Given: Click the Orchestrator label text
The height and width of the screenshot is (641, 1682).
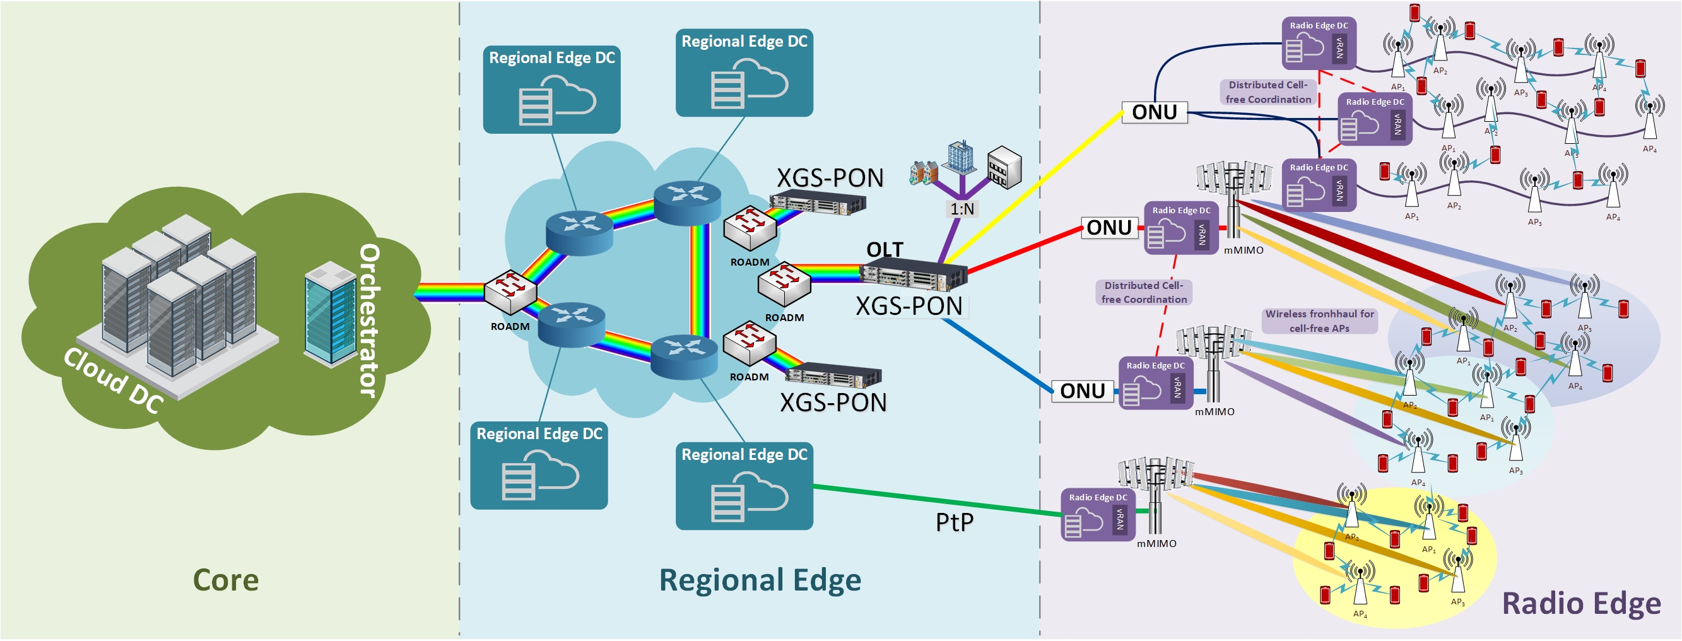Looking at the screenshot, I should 369,320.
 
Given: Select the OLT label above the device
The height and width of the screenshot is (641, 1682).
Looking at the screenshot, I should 884,249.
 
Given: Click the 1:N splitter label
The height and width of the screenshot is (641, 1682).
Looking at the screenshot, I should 962,209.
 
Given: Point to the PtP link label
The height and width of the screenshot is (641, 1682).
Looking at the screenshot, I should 954,522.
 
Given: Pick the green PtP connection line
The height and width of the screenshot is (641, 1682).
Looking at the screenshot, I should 934,501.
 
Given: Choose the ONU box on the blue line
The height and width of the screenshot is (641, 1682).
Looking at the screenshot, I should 1082,391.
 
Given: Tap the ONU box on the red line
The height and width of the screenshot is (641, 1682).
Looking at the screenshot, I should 1109,228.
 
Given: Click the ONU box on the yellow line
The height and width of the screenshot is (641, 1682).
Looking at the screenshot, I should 1154,112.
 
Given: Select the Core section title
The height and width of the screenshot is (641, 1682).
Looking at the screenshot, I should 225,580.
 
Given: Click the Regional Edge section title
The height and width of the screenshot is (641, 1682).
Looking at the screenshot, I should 760,580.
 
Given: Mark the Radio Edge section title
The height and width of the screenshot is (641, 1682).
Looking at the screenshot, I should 1581,604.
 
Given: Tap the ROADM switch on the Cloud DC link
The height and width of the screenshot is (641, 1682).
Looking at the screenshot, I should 510,291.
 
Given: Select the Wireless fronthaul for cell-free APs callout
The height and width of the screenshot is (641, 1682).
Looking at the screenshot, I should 1319,321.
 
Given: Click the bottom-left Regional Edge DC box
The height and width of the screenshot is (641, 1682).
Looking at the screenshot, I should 539,466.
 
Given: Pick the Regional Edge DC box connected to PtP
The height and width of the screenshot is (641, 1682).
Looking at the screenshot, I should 744,486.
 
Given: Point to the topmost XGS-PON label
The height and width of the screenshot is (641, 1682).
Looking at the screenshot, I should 829,178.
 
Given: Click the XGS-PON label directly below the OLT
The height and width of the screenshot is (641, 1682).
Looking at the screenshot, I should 909,306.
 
